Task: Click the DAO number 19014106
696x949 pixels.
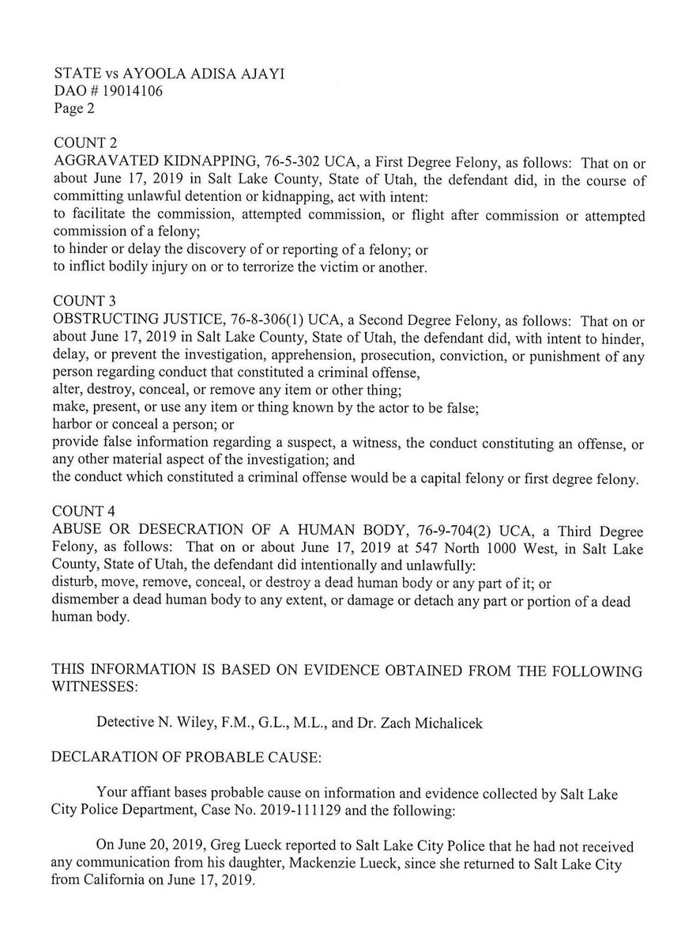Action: (117, 92)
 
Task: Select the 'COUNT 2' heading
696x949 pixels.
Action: (85, 143)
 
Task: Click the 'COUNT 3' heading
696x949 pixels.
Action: (85, 301)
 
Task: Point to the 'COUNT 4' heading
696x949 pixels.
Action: (85, 495)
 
